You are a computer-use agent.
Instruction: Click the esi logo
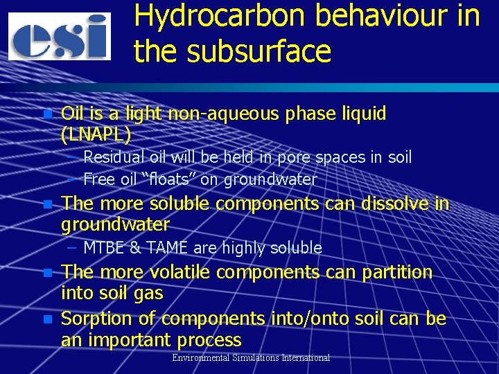pos(60,37)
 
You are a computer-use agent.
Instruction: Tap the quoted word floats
pos(165,180)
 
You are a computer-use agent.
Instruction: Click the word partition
pos(396,272)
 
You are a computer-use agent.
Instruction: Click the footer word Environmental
pos(202,357)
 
